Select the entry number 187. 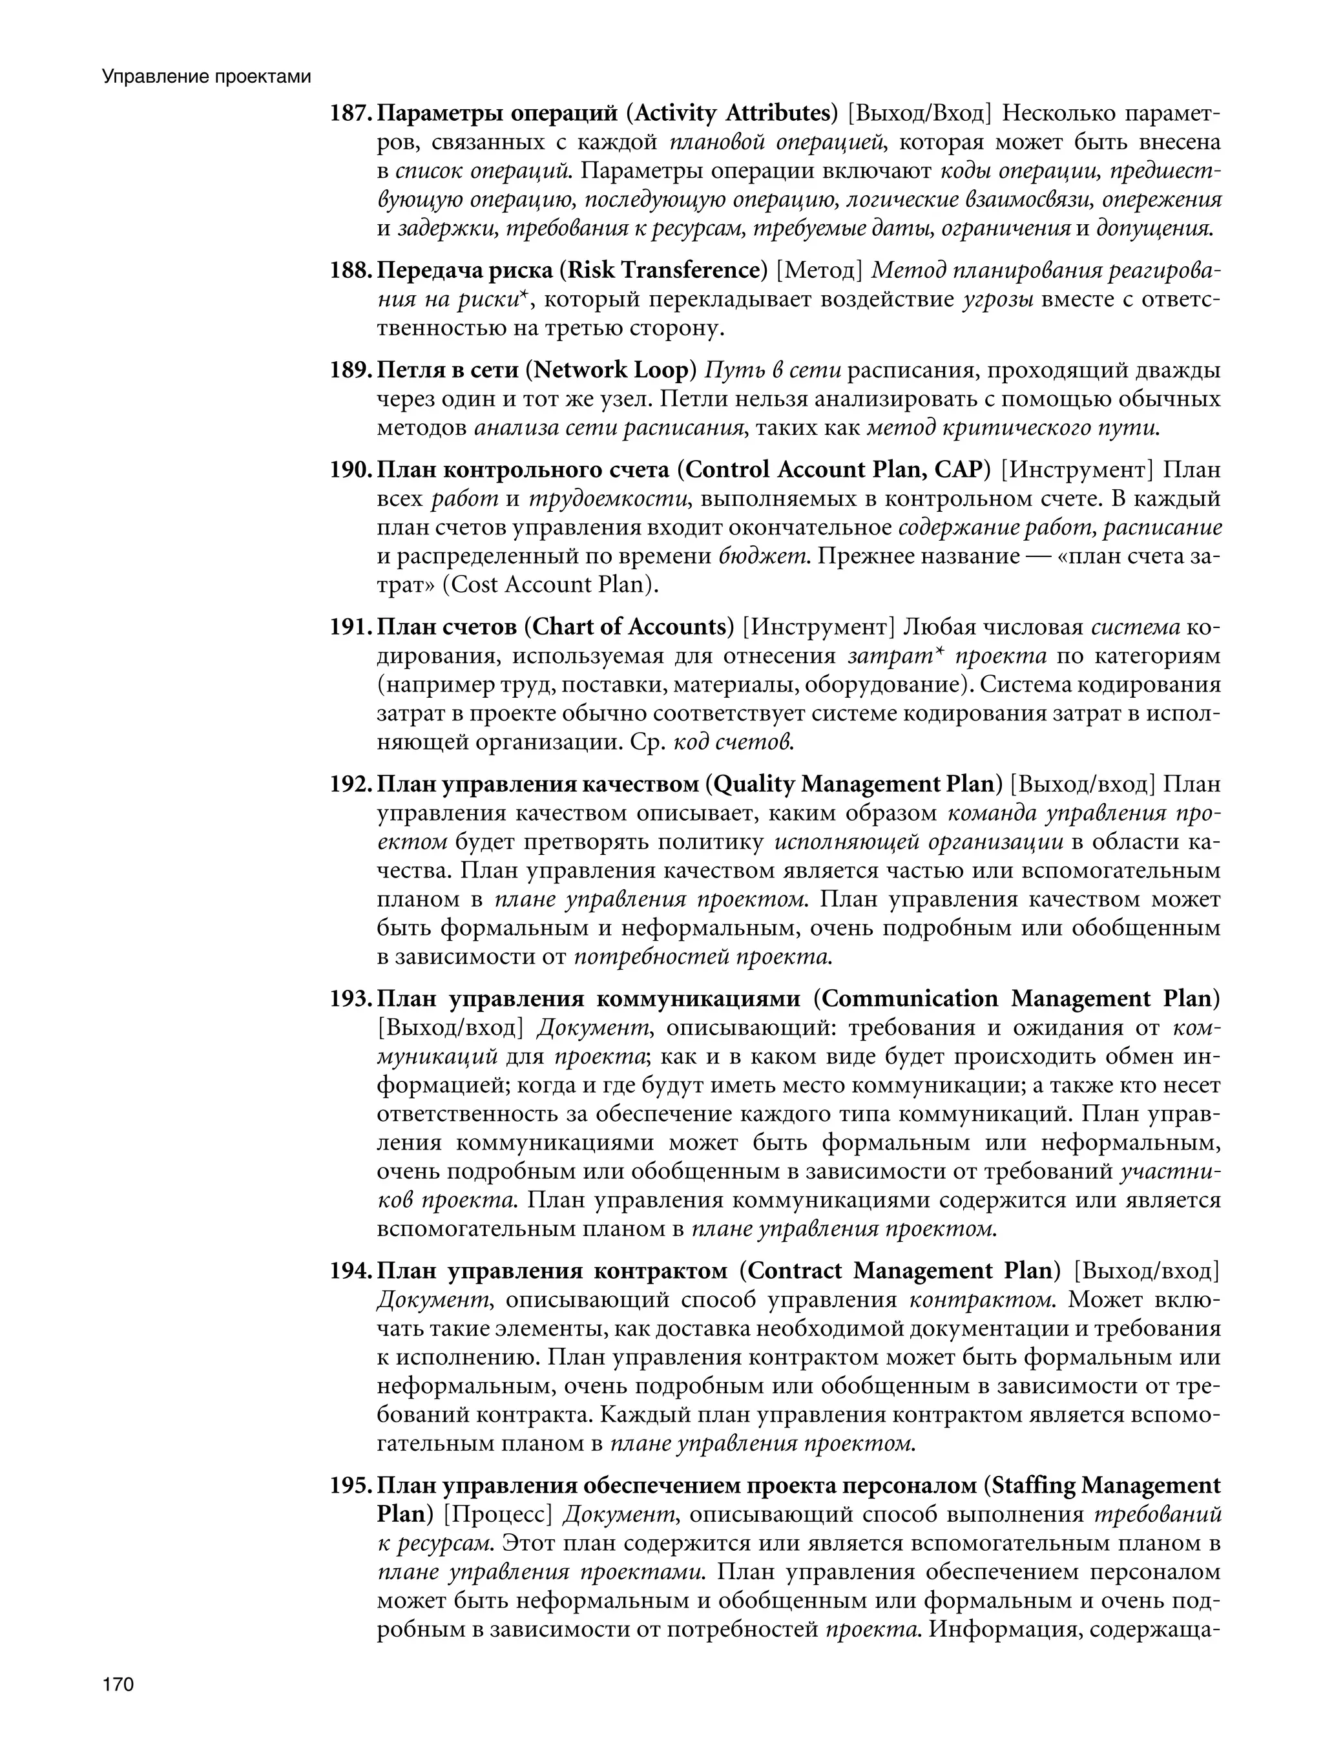(x=350, y=114)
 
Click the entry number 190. (x=350, y=470)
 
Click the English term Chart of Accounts (x=629, y=627)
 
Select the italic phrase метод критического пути (x=1013, y=428)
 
